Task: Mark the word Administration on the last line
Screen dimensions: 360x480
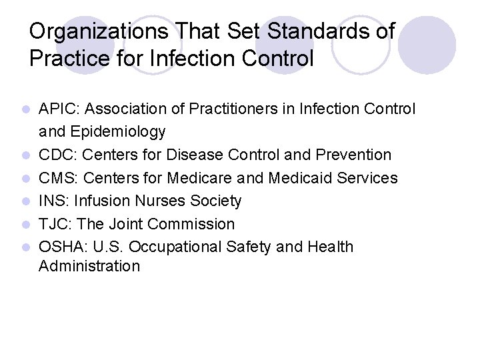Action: click(x=89, y=267)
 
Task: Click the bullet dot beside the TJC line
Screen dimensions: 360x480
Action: click(x=25, y=225)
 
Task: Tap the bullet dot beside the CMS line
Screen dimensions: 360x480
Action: click(x=25, y=179)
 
